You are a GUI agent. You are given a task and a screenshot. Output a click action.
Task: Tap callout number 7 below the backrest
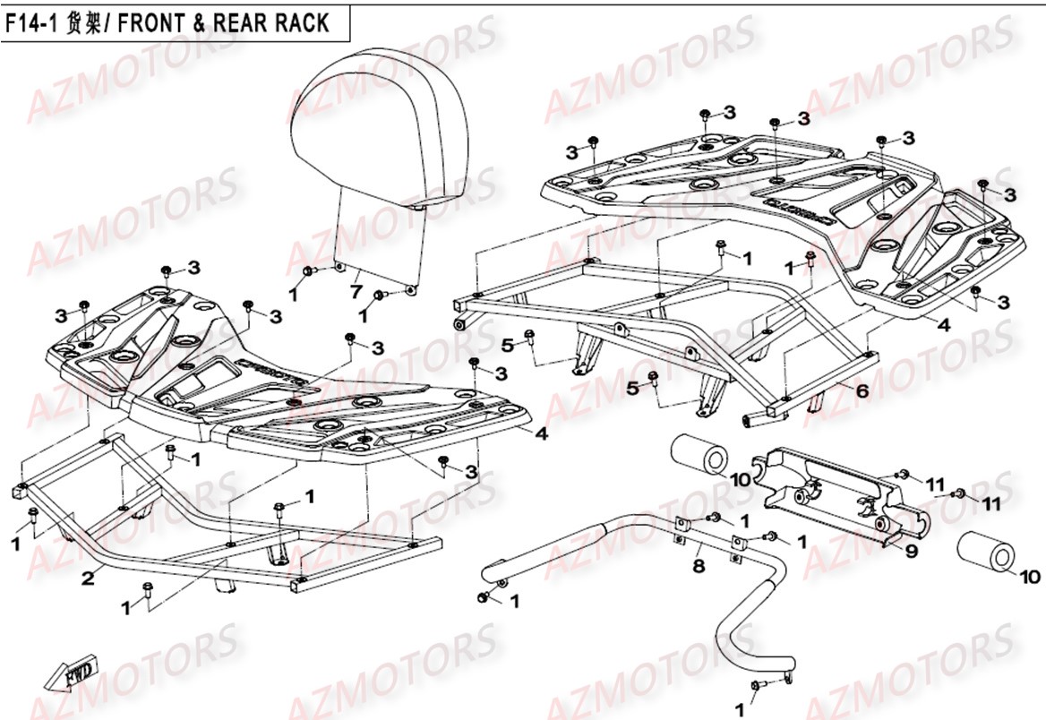click(x=356, y=292)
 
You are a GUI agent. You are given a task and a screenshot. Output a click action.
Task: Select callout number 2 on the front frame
click(x=88, y=579)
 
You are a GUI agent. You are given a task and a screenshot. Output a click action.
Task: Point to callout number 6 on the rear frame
click(x=862, y=390)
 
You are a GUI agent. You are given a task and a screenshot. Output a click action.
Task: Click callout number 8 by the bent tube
click(x=698, y=566)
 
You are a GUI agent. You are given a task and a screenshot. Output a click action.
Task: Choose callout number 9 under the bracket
click(x=911, y=552)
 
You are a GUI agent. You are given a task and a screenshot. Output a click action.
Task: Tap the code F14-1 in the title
click(x=31, y=22)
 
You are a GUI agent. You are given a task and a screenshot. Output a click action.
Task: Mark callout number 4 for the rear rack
click(x=944, y=325)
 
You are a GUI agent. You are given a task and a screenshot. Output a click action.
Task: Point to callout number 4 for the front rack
click(x=540, y=435)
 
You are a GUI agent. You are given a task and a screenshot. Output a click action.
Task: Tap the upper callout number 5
click(x=506, y=345)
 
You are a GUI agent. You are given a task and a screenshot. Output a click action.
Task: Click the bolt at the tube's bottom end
click(x=757, y=687)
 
